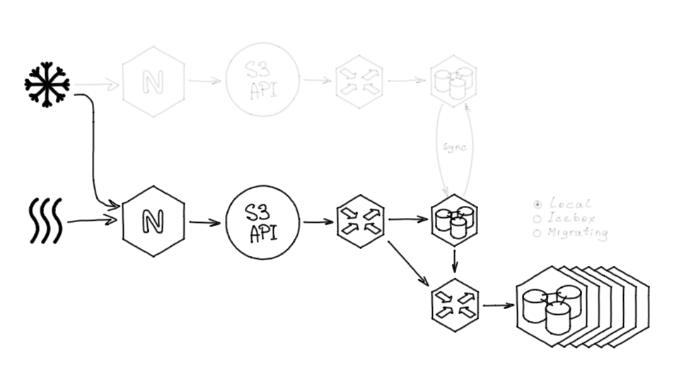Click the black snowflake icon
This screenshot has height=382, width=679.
point(47,85)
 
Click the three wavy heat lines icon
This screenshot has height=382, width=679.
point(46,221)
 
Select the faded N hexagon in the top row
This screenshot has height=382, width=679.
point(153,81)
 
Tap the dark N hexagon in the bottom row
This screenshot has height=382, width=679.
point(153,221)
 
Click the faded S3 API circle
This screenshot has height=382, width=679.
point(262,80)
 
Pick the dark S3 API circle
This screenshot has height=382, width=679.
point(262,222)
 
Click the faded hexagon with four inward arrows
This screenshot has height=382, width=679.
point(359,81)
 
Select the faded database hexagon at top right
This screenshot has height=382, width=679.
point(453,80)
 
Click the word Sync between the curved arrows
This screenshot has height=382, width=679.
point(454,147)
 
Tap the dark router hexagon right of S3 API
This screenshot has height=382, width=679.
point(360,221)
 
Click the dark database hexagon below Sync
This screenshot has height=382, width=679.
point(454,220)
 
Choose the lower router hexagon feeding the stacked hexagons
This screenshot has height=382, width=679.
point(455,306)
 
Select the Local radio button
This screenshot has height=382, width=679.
point(538,204)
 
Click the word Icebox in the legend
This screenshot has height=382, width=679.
point(571,218)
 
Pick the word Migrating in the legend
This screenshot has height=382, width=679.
point(577,232)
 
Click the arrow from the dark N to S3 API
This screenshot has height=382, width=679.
point(204,223)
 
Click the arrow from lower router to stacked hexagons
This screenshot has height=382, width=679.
point(498,306)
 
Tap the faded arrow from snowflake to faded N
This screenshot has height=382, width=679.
point(96,85)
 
